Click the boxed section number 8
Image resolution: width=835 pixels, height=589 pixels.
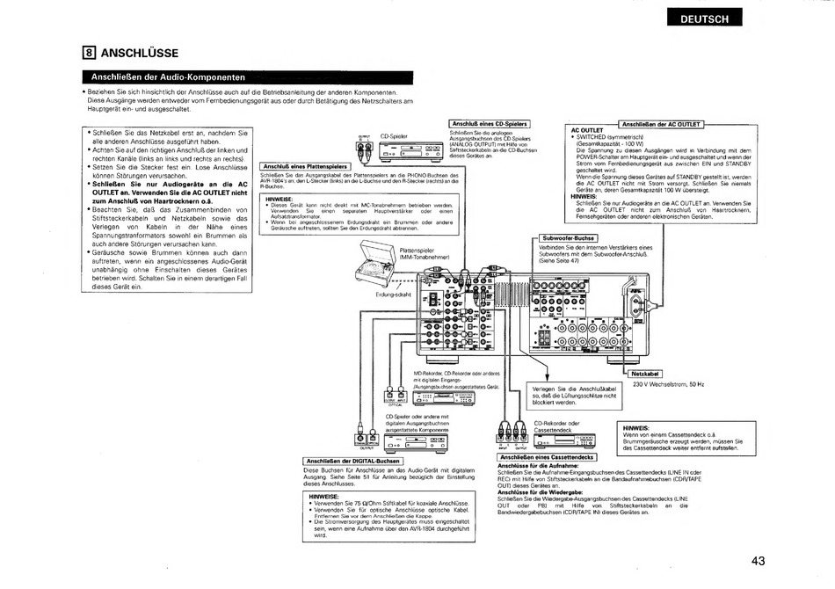pos(88,52)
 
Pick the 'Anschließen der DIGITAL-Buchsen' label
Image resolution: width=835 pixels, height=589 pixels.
pos(352,461)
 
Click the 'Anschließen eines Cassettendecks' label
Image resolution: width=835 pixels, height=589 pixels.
pos(548,456)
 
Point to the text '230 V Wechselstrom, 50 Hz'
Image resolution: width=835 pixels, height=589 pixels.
pos(669,383)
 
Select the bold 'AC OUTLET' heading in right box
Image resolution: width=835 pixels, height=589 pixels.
pos(587,130)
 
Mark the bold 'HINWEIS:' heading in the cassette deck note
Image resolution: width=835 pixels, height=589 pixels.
pos(635,428)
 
